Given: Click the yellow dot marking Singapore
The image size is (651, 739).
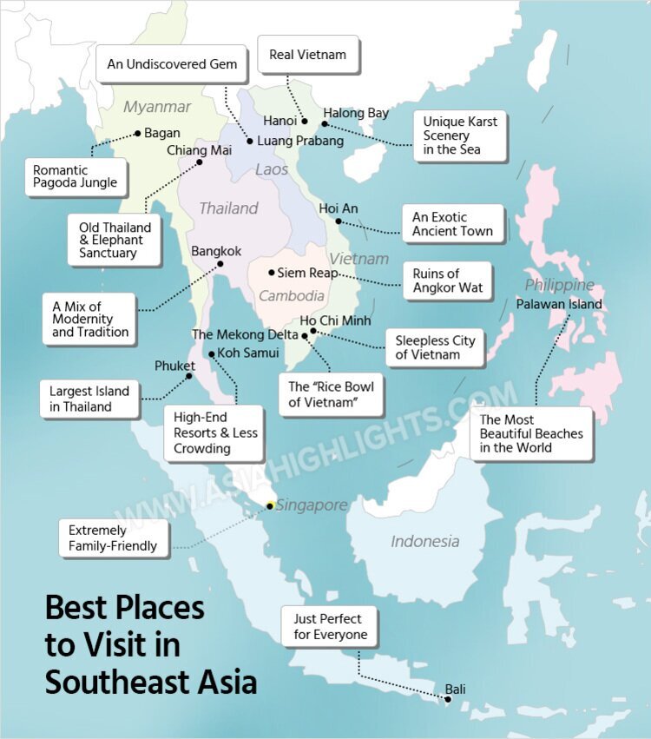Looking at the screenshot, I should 270,505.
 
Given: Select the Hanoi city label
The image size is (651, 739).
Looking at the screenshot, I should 279,121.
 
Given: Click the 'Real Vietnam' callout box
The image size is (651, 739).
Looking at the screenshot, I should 307,55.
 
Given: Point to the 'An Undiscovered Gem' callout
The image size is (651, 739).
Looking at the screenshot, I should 172,64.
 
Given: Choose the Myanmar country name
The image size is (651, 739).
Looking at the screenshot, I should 157,107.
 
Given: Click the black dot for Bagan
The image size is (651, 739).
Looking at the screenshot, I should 137,134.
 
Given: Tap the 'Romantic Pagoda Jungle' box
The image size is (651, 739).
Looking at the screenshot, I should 76,177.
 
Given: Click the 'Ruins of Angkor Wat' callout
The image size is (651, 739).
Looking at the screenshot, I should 447,281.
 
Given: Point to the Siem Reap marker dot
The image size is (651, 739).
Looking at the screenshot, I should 271,273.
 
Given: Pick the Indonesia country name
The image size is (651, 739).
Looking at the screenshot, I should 424,542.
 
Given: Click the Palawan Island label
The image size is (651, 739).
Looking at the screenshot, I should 558,304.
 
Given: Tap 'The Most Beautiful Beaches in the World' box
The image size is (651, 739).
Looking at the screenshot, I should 531,433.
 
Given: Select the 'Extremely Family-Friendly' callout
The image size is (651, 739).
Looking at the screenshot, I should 113,538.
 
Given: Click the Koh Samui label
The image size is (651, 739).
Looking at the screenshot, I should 247,353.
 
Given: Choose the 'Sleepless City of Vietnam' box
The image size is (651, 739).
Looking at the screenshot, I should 435,347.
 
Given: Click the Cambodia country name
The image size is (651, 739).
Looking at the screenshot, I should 292,296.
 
